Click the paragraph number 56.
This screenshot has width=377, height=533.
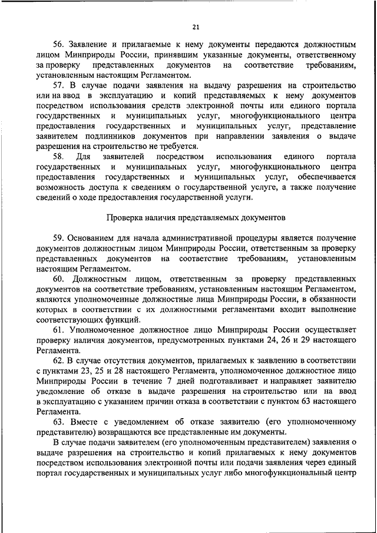click(x=58, y=45)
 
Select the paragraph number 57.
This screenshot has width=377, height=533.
click(x=58, y=86)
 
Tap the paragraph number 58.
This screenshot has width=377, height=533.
click(x=58, y=157)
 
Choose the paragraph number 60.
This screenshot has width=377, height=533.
click(x=58, y=279)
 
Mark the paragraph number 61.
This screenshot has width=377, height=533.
click(x=58, y=330)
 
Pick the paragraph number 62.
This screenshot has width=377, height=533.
click(x=58, y=360)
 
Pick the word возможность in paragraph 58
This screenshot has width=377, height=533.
click(x=67, y=187)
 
